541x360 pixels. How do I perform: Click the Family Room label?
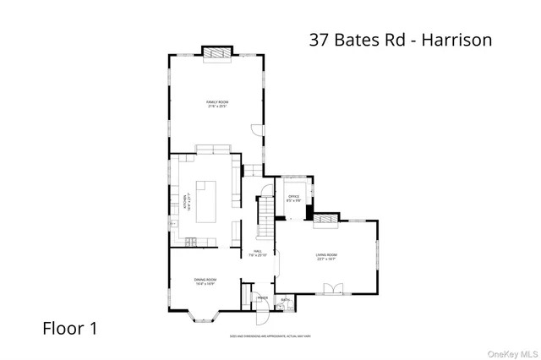click(218, 104)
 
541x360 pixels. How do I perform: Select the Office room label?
click(294, 199)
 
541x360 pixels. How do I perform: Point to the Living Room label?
click(327, 257)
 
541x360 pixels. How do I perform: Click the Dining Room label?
click(205, 282)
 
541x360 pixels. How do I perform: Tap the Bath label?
click(285, 300)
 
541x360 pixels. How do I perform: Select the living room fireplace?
click(325, 221)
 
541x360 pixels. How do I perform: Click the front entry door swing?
click(262, 314)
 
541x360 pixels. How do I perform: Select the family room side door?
click(256, 129)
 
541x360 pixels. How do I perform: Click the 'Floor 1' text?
click(69, 329)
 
